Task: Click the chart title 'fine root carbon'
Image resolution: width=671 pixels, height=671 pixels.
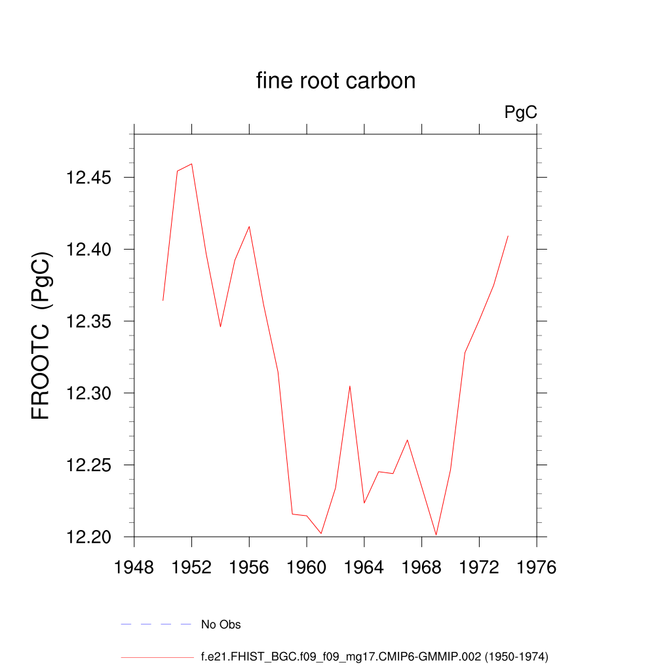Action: click(x=335, y=81)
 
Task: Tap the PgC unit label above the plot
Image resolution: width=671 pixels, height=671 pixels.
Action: click(x=521, y=113)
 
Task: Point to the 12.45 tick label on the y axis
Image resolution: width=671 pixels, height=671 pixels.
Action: click(x=89, y=178)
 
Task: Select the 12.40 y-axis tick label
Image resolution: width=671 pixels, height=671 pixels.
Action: click(x=89, y=250)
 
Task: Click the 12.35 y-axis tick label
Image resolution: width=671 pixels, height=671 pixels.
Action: click(x=89, y=322)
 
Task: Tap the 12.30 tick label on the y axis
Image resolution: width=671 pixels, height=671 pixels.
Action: click(x=89, y=394)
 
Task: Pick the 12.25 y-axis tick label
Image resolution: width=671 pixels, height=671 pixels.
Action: click(x=89, y=465)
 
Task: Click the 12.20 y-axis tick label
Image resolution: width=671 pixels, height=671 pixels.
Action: click(x=89, y=537)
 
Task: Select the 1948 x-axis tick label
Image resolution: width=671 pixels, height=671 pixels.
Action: click(x=134, y=567)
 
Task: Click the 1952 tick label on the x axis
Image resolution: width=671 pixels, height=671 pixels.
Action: click(x=191, y=567)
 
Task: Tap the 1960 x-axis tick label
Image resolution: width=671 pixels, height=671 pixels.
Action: click(x=307, y=567)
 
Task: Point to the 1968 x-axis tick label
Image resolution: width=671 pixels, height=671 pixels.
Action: click(x=421, y=567)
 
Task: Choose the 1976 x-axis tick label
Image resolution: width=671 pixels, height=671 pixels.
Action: click(x=537, y=567)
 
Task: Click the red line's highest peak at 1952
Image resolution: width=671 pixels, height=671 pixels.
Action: click(x=191, y=164)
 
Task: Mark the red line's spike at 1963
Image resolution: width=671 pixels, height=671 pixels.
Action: click(x=350, y=386)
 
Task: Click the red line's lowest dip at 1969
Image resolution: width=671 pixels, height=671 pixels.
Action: click(x=436, y=535)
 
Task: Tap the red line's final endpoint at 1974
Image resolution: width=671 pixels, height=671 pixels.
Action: click(x=508, y=236)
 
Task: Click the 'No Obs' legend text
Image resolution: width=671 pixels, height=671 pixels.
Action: click(x=221, y=624)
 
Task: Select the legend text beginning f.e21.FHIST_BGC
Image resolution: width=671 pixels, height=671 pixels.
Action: click(x=374, y=656)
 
